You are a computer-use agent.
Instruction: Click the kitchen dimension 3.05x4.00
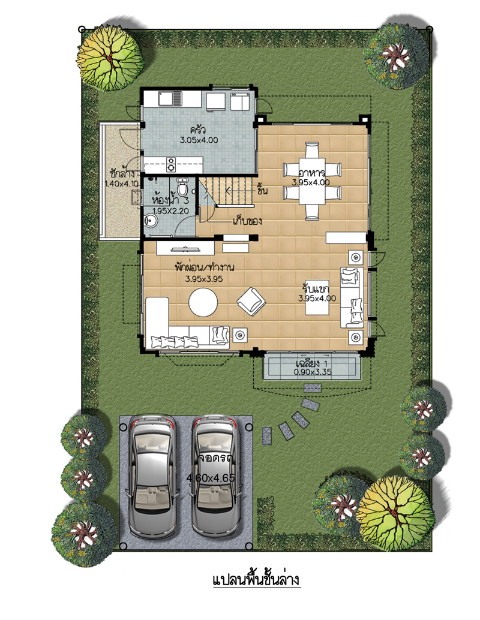pos(199,140)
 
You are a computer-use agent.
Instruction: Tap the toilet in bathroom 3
pos(182,186)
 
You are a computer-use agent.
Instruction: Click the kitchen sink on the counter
pos(170,98)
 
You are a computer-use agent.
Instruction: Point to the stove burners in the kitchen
pos(172,164)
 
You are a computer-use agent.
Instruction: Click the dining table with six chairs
pos(312,181)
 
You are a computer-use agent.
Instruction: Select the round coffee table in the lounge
pos(203,302)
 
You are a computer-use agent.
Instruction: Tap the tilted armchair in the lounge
pos(251,302)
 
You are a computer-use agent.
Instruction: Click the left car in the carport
pos(152,475)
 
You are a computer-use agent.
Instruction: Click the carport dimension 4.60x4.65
pos(211,478)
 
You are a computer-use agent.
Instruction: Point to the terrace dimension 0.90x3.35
pos(313,372)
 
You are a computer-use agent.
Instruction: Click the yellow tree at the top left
pos(110,59)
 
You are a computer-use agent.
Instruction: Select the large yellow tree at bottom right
pos(395,513)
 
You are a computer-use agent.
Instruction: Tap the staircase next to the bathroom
pos(226,191)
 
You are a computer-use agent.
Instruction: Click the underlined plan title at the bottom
pos(256,580)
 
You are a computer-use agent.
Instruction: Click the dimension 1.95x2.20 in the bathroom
pos(170,211)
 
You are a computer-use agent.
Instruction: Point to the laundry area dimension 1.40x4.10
pos(122,184)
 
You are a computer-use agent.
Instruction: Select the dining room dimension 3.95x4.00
pos(311,182)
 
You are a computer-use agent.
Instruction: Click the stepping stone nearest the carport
pos(267,436)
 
